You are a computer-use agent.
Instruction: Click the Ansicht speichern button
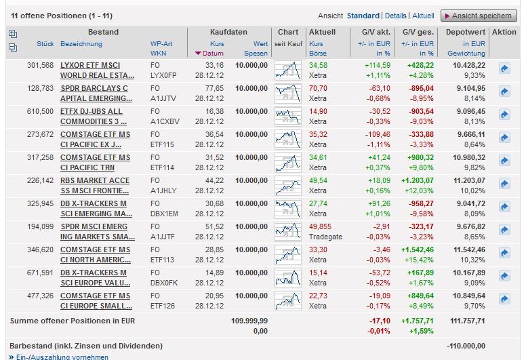[478, 16]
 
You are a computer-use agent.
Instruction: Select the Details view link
[396, 16]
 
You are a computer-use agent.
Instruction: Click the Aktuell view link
[423, 16]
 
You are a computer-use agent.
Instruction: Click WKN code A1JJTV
[162, 98]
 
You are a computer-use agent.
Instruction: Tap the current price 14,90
[318, 111]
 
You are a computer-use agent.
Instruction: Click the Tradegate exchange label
[325, 237]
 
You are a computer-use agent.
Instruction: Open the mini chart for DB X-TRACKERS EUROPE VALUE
[288, 277]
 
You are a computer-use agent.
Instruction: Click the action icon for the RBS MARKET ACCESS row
[504, 184]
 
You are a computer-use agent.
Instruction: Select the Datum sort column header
[212, 54]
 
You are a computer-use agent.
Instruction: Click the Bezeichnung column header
[81, 44]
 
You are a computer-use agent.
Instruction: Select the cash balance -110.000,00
[466, 346]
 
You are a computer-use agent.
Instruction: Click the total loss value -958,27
[417, 203]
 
